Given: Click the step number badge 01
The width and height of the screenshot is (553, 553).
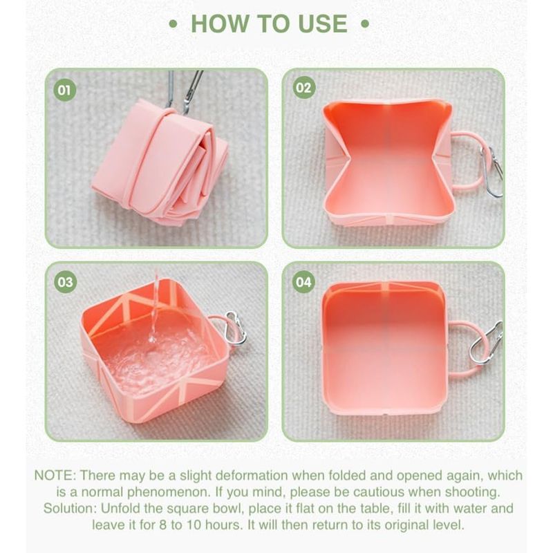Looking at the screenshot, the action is click(64, 90).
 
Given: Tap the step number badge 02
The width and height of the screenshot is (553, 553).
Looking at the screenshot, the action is click(304, 88).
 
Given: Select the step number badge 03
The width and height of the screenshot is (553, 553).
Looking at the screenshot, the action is click(65, 282).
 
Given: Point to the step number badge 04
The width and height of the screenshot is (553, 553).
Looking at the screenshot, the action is click(303, 282).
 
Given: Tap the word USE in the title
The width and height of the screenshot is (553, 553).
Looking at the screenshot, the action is click(323, 24).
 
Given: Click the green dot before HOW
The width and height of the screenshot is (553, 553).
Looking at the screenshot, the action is click(173, 24).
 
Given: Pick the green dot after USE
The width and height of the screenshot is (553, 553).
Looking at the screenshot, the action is click(366, 24).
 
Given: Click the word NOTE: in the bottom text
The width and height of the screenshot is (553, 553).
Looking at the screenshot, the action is click(55, 476).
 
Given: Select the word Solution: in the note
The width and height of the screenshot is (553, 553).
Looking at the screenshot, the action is click(70, 509).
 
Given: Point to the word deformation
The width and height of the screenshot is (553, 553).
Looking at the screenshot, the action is click(252, 476).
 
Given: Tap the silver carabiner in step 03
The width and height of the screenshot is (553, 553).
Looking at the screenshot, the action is click(236, 328).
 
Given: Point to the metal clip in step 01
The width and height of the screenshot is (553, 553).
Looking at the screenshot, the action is click(184, 91).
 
